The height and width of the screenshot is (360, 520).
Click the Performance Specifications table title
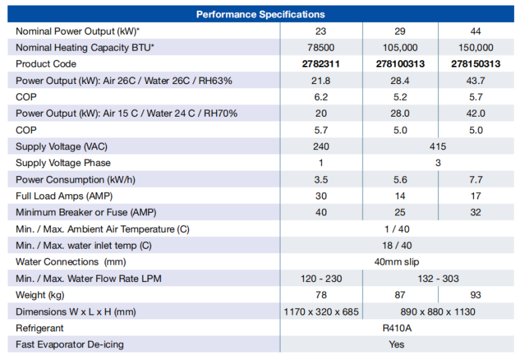point(261,14)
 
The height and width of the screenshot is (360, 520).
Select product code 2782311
point(321,64)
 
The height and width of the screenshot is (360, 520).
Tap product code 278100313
point(400,64)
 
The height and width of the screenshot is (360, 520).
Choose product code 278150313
point(476,64)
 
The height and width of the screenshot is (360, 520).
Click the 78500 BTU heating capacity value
point(321,47)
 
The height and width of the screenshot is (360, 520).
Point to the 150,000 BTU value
point(476,47)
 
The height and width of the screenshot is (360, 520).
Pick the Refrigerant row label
point(40,328)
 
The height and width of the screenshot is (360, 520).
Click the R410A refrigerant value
point(397,328)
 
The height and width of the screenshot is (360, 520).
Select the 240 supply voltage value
point(321,147)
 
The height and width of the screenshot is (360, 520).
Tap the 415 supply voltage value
point(438,147)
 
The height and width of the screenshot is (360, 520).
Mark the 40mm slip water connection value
point(397,262)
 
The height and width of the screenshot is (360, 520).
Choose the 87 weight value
point(400,295)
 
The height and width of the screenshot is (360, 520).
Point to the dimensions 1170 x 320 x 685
point(321,311)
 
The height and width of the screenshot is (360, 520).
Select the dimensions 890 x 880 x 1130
point(438,311)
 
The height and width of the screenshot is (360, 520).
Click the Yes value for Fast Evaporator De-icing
point(397,345)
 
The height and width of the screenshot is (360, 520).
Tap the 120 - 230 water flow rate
point(321,279)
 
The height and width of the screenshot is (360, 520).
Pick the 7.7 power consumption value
point(476,179)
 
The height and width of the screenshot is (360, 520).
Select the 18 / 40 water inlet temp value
point(397,245)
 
